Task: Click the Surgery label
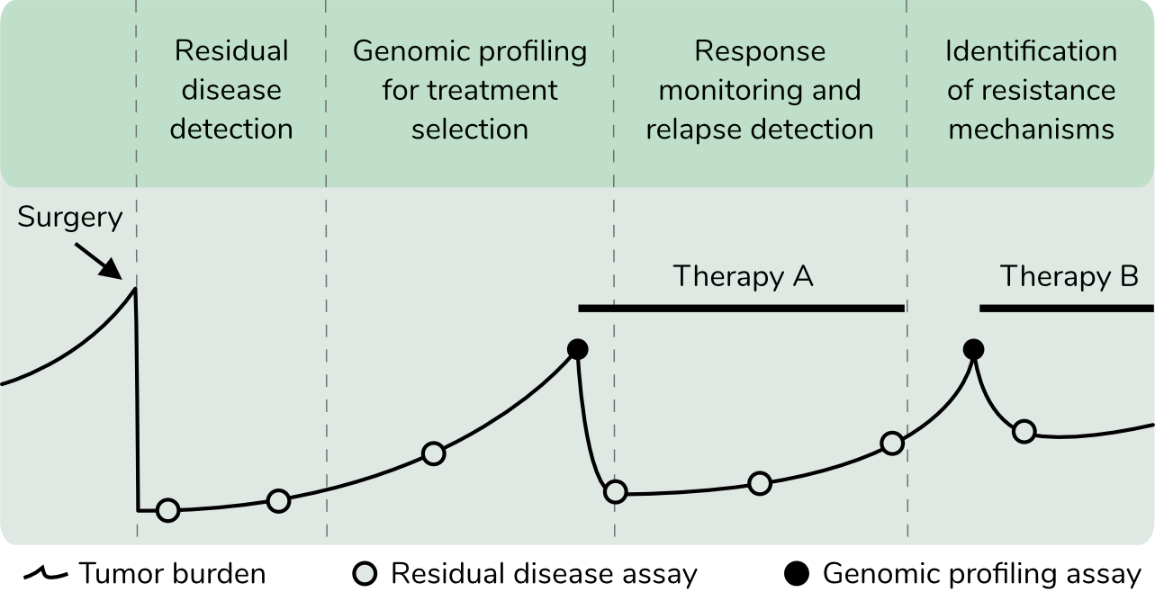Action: click(69, 218)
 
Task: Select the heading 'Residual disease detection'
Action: click(231, 90)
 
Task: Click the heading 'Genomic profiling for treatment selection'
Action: click(470, 90)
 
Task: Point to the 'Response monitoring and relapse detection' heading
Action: click(760, 90)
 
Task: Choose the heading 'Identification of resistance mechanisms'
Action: click(1032, 90)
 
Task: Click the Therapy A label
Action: click(743, 276)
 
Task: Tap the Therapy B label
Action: click(1069, 276)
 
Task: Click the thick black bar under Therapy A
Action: click(742, 308)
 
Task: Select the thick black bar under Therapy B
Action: click(1067, 308)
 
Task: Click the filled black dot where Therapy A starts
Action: click(578, 349)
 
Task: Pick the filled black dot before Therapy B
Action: click(973, 349)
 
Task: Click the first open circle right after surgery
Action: click(168, 511)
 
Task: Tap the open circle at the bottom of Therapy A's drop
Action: click(616, 491)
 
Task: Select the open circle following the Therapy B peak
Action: click(1024, 431)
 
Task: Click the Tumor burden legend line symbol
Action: click(45, 573)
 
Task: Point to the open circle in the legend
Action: click(365, 574)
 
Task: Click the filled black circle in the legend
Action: click(796, 574)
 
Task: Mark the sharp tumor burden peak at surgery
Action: click(135, 289)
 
